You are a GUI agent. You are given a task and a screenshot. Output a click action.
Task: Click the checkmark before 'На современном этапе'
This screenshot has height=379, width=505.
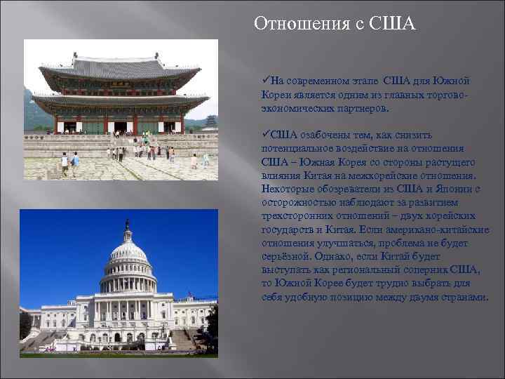tap(264, 81)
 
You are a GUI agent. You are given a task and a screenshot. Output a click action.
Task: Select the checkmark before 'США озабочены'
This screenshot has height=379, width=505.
tap(264, 134)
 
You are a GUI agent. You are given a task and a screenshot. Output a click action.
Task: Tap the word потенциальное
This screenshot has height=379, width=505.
tap(297, 148)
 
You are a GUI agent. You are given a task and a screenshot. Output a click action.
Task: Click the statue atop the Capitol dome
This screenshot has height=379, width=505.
tap(127, 224)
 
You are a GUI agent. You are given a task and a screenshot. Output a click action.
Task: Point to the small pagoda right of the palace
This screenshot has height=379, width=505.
tap(210, 121)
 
